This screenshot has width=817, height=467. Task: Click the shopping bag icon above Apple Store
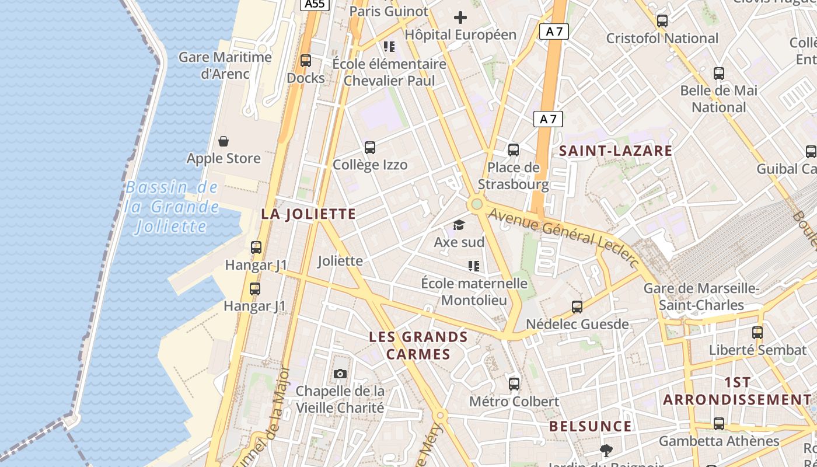[x=224, y=141]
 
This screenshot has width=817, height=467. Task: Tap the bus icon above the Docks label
[x=305, y=61]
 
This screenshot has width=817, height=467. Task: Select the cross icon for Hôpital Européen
[x=460, y=18]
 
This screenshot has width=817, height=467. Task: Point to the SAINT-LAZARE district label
[x=616, y=151]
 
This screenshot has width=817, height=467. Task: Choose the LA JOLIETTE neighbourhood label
[x=308, y=214]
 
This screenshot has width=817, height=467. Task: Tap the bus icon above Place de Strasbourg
[x=514, y=150]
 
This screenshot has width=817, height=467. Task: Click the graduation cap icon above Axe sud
[x=459, y=225]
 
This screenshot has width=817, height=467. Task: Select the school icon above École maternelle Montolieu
[x=473, y=267]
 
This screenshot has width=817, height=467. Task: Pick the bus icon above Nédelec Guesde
[x=577, y=307]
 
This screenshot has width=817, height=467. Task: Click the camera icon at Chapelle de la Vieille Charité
[x=340, y=374]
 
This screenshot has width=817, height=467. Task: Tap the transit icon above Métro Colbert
[x=514, y=384]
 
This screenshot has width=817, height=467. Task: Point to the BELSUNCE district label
[x=590, y=426]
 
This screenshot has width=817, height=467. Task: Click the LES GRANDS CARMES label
[x=418, y=346]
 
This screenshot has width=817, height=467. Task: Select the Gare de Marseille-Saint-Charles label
[x=701, y=297]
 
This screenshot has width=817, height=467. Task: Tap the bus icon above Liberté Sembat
[x=757, y=333]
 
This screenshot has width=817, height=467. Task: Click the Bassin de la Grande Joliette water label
[x=172, y=207]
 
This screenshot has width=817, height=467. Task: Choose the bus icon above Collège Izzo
[x=370, y=148]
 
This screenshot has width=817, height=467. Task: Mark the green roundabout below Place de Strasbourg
[x=477, y=204]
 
